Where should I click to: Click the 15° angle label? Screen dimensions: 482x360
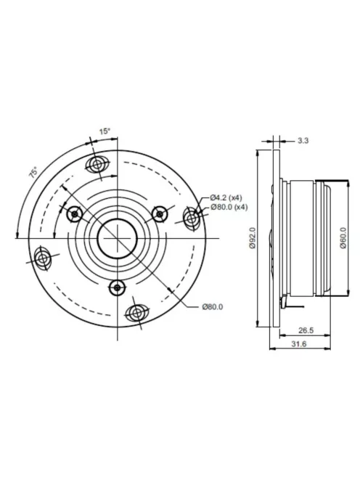coord(105,131)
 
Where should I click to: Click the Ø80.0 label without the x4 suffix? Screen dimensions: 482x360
coord(213,306)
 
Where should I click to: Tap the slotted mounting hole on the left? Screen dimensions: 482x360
coord(43,258)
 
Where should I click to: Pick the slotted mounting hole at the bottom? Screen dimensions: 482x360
coord(136,313)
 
